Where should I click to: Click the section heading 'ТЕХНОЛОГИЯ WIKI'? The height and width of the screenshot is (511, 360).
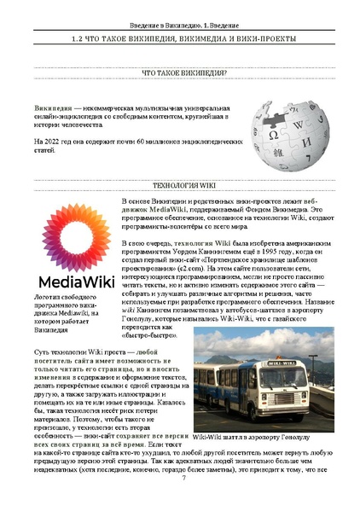(180, 184)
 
